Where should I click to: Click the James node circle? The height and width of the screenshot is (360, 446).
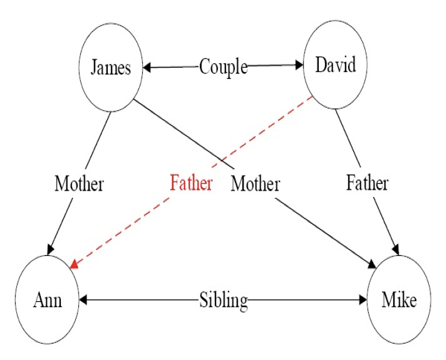tap(111, 68)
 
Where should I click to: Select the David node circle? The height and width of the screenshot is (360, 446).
tap(335, 65)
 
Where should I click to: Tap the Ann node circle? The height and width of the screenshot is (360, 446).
tap(47, 300)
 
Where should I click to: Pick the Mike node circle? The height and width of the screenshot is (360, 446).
tap(399, 300)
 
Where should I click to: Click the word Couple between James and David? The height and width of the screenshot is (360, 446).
tap(223, 67)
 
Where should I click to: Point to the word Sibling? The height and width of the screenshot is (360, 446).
tap(223, 300)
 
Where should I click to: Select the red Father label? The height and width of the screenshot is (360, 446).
tap(190, 183)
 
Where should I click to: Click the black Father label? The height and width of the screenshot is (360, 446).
tap(367, 183)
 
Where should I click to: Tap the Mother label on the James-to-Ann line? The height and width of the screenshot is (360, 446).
tap(79, 183)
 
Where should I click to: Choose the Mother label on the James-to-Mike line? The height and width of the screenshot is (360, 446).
tap(255, 183)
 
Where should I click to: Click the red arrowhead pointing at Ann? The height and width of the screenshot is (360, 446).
tap(74, 263)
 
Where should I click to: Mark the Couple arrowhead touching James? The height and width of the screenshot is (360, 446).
tap(147, 68)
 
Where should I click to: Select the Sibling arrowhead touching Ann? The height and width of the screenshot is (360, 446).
tap(83, 300)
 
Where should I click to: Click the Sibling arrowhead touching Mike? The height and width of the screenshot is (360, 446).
tap(363, 300)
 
